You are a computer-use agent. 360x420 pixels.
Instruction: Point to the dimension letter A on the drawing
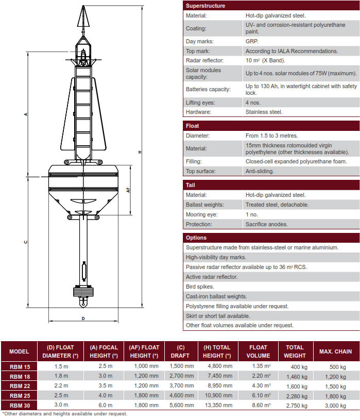tap(26, 114)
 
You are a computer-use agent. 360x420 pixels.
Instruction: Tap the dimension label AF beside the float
tap(128, 190)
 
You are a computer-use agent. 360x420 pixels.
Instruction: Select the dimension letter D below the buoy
tap(83, 318)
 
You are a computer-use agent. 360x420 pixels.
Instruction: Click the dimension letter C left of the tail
tap(26, 242)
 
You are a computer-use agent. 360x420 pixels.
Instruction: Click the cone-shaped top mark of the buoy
tap(82, 17)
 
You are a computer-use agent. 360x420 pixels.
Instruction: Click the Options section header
tap(196, 238)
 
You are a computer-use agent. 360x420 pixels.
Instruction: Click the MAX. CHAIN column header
tap(335, 351)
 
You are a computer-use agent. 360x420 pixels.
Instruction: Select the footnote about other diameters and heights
tap(65, 413)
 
